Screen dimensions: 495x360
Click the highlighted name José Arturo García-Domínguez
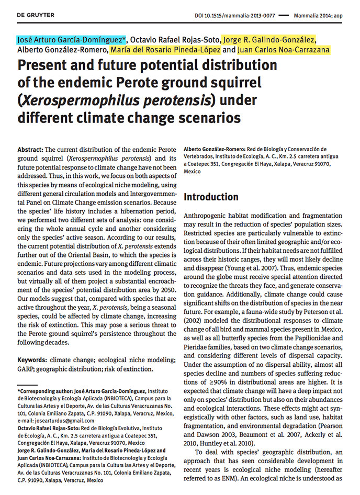pyautogui.click(x=72, y=40)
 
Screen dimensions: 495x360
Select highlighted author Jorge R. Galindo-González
pyautogui.click(x=269, y=40)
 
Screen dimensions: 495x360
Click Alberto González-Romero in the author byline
pyautogui.click(x=62, y=50)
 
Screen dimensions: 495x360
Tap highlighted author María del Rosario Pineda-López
pyautogui.click(x=165, y=50)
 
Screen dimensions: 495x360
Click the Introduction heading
pyautogui.click(x=211, y=197)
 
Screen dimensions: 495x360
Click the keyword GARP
pyautogui.click(x=27, y=369)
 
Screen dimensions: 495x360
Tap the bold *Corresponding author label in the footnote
pyautogui.click(x=48, y=390)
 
